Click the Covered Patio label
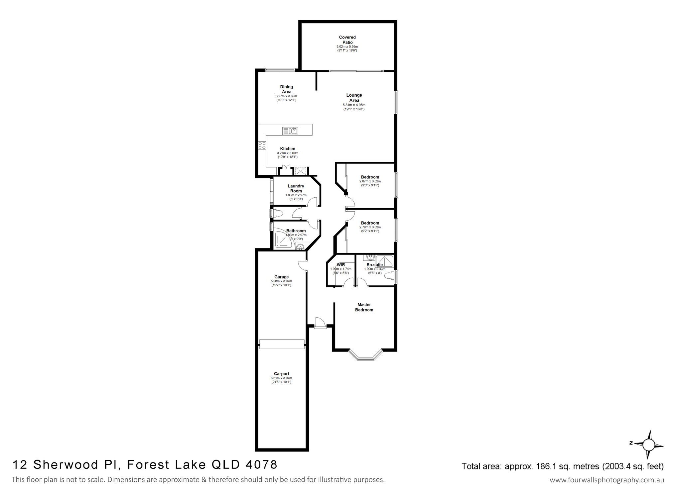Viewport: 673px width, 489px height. click(x=347, y=40)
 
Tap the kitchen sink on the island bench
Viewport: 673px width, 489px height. click(x=290, y=131)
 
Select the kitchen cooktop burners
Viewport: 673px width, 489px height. click(x=262, y=145)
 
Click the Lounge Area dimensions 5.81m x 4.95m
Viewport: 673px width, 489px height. click(x=354, y=105)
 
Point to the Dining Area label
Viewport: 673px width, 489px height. click(x=287, y=89)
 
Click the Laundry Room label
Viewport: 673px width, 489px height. click(x=296, y=189)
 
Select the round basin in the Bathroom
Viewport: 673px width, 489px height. click(x=300, y=246)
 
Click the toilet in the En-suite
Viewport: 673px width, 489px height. click(x=391, y=275)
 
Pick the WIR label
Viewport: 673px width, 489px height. click(x=340, y=265)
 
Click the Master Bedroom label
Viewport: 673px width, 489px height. click(x=364, y=307)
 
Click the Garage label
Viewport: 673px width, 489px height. click(x=281, y=277)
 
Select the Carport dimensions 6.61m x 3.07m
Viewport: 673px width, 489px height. click(x=281, y=378)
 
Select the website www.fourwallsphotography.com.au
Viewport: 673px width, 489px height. click(x=607, y=480)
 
